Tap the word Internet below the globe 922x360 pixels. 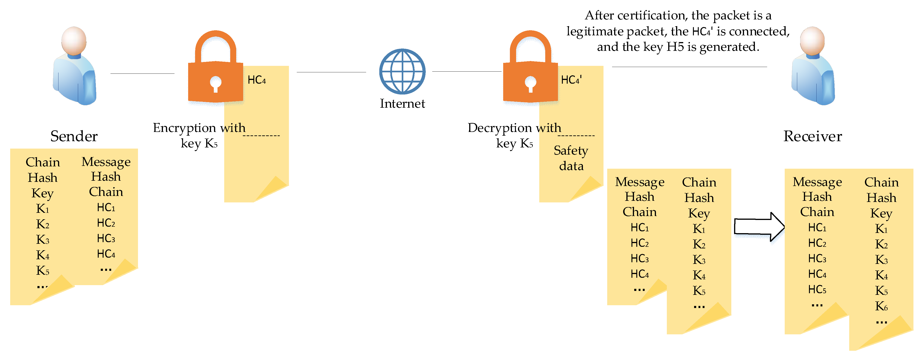402,104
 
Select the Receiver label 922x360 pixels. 812,136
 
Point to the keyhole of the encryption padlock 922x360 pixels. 215,83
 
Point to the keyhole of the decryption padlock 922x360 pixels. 530,83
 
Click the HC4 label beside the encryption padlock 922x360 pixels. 257,80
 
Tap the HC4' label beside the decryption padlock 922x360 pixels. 571,80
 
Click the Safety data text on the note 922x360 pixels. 571,158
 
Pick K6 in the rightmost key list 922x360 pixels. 881,306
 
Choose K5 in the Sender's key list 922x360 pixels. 43,271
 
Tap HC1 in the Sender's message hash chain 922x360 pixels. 106,207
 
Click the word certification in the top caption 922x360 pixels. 651,16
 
